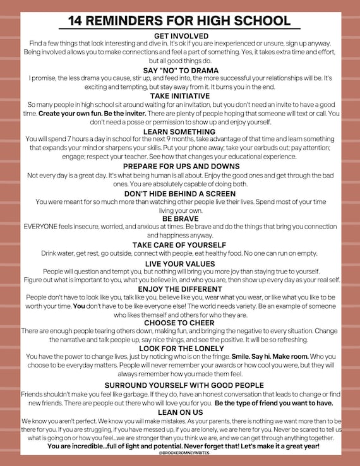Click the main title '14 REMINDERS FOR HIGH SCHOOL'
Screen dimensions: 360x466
tap(179, 20)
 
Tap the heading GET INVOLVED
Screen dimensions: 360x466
tap(180, 35)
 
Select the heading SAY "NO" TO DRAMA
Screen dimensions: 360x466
tap(180, 69)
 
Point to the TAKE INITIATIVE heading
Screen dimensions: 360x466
tap(180, 95)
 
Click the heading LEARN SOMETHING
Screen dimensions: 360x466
tap(180, 131)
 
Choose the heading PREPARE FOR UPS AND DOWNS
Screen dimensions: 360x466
tap(180, 166)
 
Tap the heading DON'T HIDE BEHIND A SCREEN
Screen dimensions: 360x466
tap(180, 193)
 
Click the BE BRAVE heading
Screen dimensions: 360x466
tap(180, 218)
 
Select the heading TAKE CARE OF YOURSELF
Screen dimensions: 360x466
tap(180, 244)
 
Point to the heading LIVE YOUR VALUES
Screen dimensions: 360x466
tap(180, 263)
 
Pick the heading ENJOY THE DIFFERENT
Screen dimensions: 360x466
tap(180, 289)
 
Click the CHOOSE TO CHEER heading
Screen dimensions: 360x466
tap(180, 323)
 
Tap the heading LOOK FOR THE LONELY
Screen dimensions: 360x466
tap(180, 348)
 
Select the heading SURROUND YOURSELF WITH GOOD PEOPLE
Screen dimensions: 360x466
tap(180, 385)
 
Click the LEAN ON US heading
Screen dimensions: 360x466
tap(180, 412)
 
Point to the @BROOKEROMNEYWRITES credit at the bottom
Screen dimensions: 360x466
tap(180, 453)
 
